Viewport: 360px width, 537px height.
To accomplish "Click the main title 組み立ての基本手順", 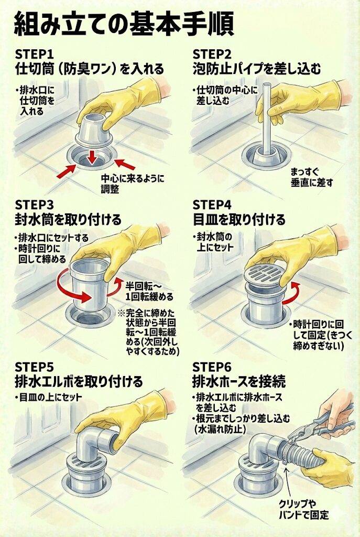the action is [x=124, y=24].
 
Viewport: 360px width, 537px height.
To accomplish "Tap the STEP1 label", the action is [x=34, y=55].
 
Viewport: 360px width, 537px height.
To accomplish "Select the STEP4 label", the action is [x=212, y=205].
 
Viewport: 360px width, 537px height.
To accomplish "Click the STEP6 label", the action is [x=212, y=367].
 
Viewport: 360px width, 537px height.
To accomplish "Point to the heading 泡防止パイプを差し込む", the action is [x=257, y=69].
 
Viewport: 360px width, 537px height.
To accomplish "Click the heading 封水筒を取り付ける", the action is [x=68, y=220].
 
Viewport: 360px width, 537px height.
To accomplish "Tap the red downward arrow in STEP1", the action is [x=91, y=157].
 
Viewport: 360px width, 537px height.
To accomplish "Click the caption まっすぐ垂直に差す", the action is [x=311, y=177].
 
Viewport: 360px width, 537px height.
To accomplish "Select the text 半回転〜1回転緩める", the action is [x=149, y=291].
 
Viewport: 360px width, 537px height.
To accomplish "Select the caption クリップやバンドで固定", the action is [x=303, y=509].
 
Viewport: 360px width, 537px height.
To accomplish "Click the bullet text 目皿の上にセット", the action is [x=49, y=398].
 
